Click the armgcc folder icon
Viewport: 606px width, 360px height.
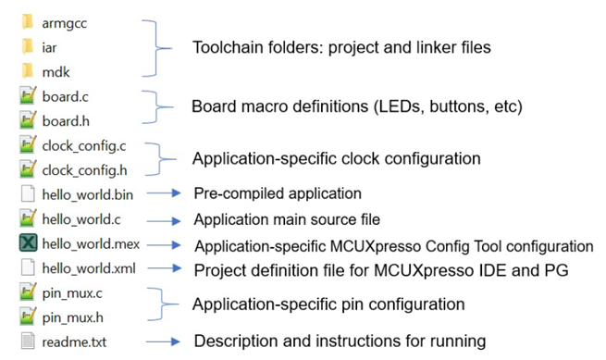[28, 22]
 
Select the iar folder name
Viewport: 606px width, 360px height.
[49, 47]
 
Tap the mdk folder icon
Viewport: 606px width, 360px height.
[28, 71]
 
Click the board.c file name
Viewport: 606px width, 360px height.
[65, 96]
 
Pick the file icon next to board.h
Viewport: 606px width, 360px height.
[28, 120]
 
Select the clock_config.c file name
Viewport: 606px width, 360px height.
[84, 146]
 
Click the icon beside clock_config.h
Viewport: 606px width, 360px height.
[28, 169]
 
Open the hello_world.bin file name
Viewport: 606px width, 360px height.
[87, 194]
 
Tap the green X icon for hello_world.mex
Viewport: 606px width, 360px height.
[28, 243]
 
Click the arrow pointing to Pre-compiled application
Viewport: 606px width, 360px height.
[164, 192]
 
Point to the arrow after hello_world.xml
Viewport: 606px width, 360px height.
[165, 268]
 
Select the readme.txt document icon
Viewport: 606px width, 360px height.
[28, 341]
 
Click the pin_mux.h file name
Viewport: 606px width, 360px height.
[73, 317]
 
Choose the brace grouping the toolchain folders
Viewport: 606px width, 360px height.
[156, 48]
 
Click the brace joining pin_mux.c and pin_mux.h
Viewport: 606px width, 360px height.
[162, 304]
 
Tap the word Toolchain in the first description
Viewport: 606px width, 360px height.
[222, 47]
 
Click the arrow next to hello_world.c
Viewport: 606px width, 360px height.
[164, 221]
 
